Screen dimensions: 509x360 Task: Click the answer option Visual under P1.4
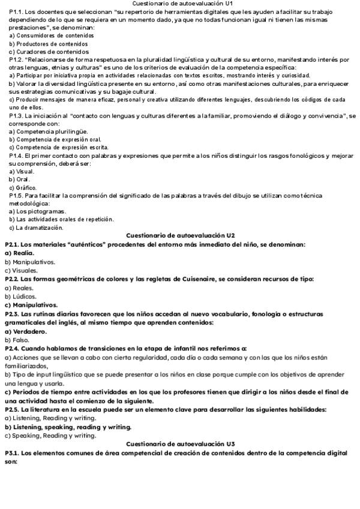25,171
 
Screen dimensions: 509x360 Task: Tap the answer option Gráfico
26,187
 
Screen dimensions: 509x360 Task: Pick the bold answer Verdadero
29,331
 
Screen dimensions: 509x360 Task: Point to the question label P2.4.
13,348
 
